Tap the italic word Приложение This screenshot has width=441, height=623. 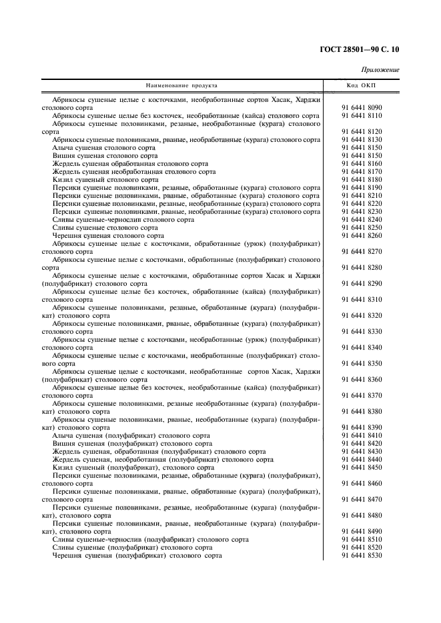(380, 69)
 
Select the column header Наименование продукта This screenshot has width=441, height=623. (181, 85)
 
